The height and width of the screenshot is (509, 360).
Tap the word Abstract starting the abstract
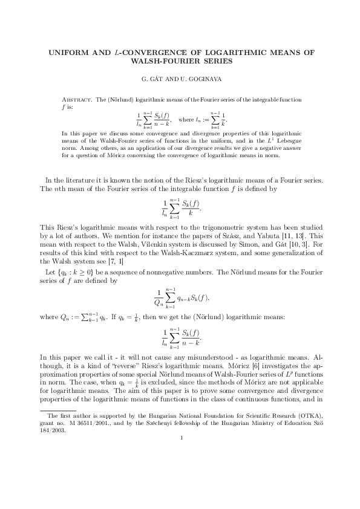(x=80, y=99)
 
